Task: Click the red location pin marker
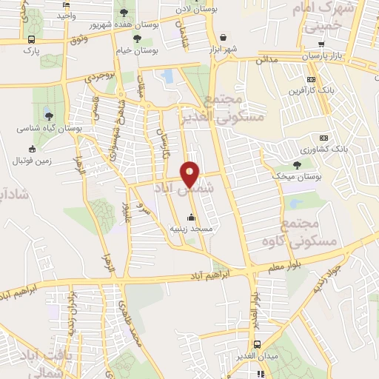pyautogui.click(x=190, y=174)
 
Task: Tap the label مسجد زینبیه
pyautogui.click(x=192, y=229)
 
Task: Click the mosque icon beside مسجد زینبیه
pyautogui.click(x=192, y=217)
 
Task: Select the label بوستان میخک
pyautogui.click(x=297, y=177)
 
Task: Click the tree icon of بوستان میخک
pyautogui.click(x=297, y=165)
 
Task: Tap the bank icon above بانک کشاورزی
pyautogui.click(x=323, y=138)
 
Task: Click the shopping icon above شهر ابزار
pyautogui.click(x=223, y=36)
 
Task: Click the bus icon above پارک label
pyautogui.click(x=30, y=39)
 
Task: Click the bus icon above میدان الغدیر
pyautogui.click(x=258, y=345)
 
